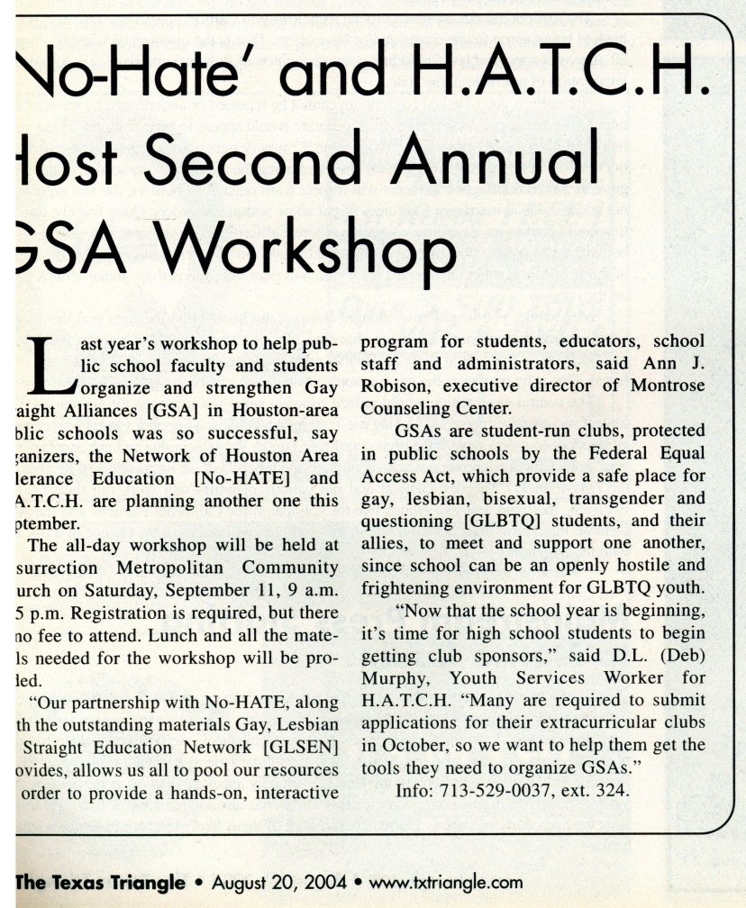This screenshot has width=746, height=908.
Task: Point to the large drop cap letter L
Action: [52, 368]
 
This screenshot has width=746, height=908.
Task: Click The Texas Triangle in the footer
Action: [101, 883]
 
